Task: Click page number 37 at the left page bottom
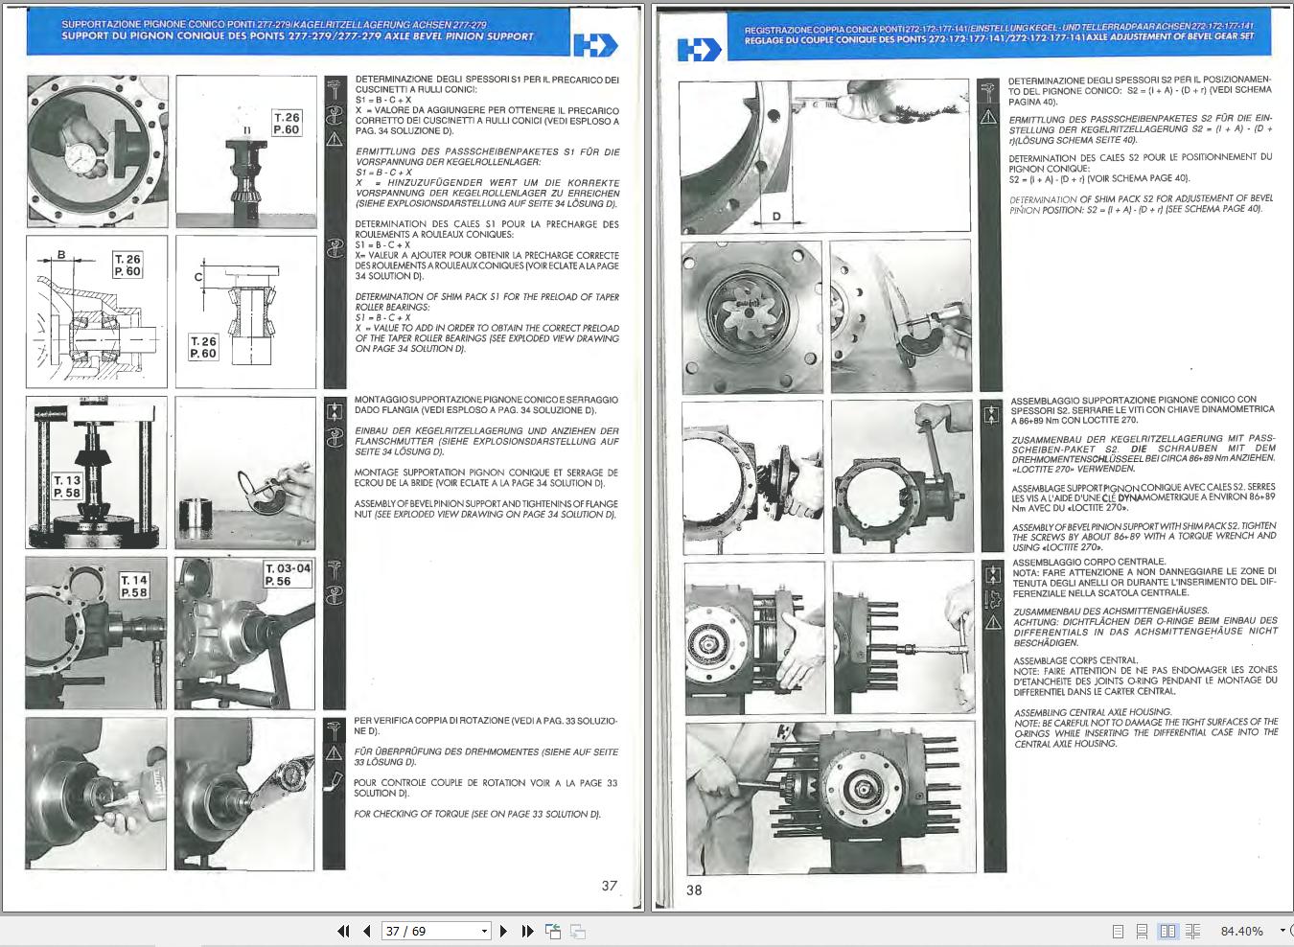[x=610, y=886]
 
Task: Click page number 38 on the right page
[x=694, y=889]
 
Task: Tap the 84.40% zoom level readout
[x=1241, y=931]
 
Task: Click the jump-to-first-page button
[x=343, y=931]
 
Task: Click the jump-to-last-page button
[x=527, y=931]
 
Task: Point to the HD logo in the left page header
[x=595, y=44]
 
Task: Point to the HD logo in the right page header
[x=699, y=49]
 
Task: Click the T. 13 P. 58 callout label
[x=67, y=486]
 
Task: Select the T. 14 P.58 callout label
[x=133, y=587]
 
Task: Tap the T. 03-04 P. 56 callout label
[x=288, y=574]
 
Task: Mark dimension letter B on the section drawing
[x=61, y=254]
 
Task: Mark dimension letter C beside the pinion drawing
[x=198, y=277]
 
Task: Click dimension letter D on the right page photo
[x=776, y=217]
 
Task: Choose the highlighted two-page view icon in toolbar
[x=1167, y=931]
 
